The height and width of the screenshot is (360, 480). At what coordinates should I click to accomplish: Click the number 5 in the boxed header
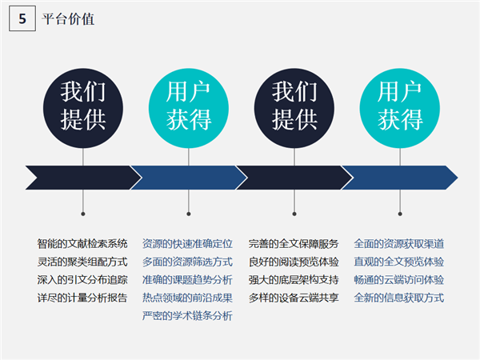[22, 18]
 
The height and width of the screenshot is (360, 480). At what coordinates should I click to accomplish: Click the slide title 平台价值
[68, 19]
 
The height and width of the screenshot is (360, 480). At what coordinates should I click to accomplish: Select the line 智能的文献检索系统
[82, 244]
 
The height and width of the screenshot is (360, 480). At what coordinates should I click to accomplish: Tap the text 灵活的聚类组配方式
[82, 262]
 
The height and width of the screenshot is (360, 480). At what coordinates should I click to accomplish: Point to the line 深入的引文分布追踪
[82, 280]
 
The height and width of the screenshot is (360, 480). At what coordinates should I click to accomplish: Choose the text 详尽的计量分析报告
[82, 298]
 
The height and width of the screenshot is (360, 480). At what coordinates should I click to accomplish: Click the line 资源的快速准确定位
[187, 244]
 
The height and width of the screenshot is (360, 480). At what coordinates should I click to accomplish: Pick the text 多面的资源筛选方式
[187, 262]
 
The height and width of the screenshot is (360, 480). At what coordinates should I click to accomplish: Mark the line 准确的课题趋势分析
[187, 280]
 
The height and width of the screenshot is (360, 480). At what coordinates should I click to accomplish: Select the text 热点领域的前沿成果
[187, 298]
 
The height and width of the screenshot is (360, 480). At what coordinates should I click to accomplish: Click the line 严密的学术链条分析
[187, 316]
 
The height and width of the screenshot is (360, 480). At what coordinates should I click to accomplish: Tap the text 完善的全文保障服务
[294, 244]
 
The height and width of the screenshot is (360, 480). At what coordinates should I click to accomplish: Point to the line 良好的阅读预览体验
[294, 262]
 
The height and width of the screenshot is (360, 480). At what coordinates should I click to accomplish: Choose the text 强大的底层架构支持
[294, 280]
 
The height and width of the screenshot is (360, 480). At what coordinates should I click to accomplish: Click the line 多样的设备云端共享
[294, 298]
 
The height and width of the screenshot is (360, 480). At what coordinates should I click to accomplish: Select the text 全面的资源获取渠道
[399, 244]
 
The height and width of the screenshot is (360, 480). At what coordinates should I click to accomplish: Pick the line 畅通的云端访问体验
[399, 280]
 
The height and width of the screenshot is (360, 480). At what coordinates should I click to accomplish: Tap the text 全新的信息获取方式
[399, 298]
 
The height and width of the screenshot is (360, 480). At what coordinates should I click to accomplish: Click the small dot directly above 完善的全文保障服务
[294, 214]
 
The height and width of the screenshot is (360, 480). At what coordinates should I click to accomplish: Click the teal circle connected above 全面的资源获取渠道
[400, 108]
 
